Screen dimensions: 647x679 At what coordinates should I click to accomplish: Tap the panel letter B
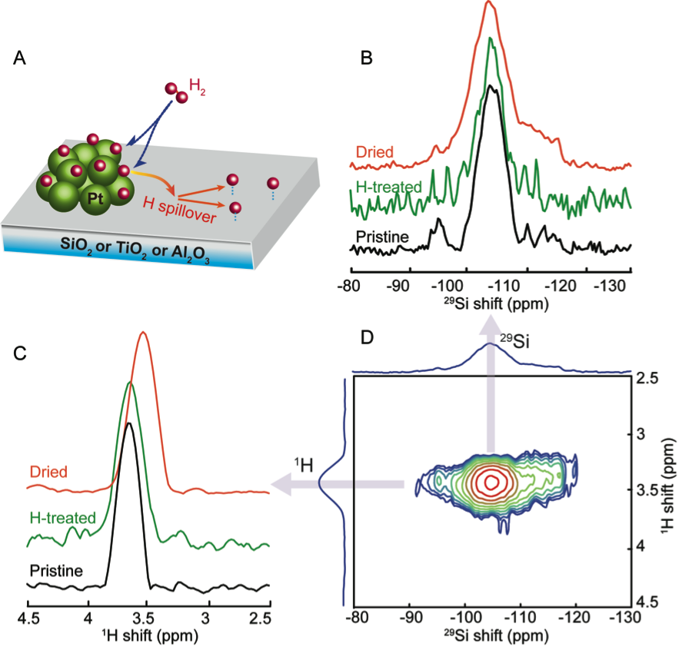click(x=367, y=57)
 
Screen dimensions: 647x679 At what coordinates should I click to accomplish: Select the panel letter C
click(x=21, y=353)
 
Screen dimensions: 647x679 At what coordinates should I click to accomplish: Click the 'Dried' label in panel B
click(x=374, y=152)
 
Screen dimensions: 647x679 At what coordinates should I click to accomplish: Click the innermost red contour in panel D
click(x=491, y=481)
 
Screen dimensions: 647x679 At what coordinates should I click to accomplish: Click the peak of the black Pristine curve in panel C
click(x=129, y=423)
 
